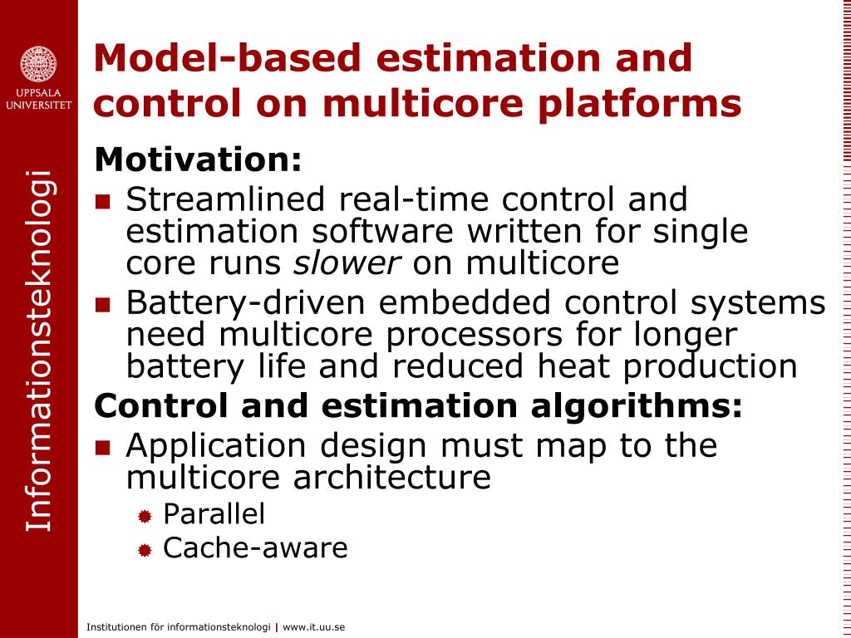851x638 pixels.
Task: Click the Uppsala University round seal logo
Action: (38, 65)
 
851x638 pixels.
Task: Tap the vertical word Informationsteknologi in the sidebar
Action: (38, 351)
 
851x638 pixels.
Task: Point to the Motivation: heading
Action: (198, 159)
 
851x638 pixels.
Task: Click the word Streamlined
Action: (224, 199)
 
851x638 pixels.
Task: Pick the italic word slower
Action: (347, 263)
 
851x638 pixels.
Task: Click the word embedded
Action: (465, 302)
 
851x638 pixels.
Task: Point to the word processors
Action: (474, 336)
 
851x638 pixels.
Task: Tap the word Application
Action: (216, 446)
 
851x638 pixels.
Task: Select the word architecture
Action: (392, 478)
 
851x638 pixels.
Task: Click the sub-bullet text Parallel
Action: (214, 513)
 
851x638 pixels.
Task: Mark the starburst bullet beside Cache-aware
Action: (145, 551)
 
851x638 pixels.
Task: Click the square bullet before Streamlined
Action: (102, 202)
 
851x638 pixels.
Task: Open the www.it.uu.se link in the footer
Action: (313, 627)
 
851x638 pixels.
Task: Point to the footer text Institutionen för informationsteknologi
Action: (178, 627)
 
